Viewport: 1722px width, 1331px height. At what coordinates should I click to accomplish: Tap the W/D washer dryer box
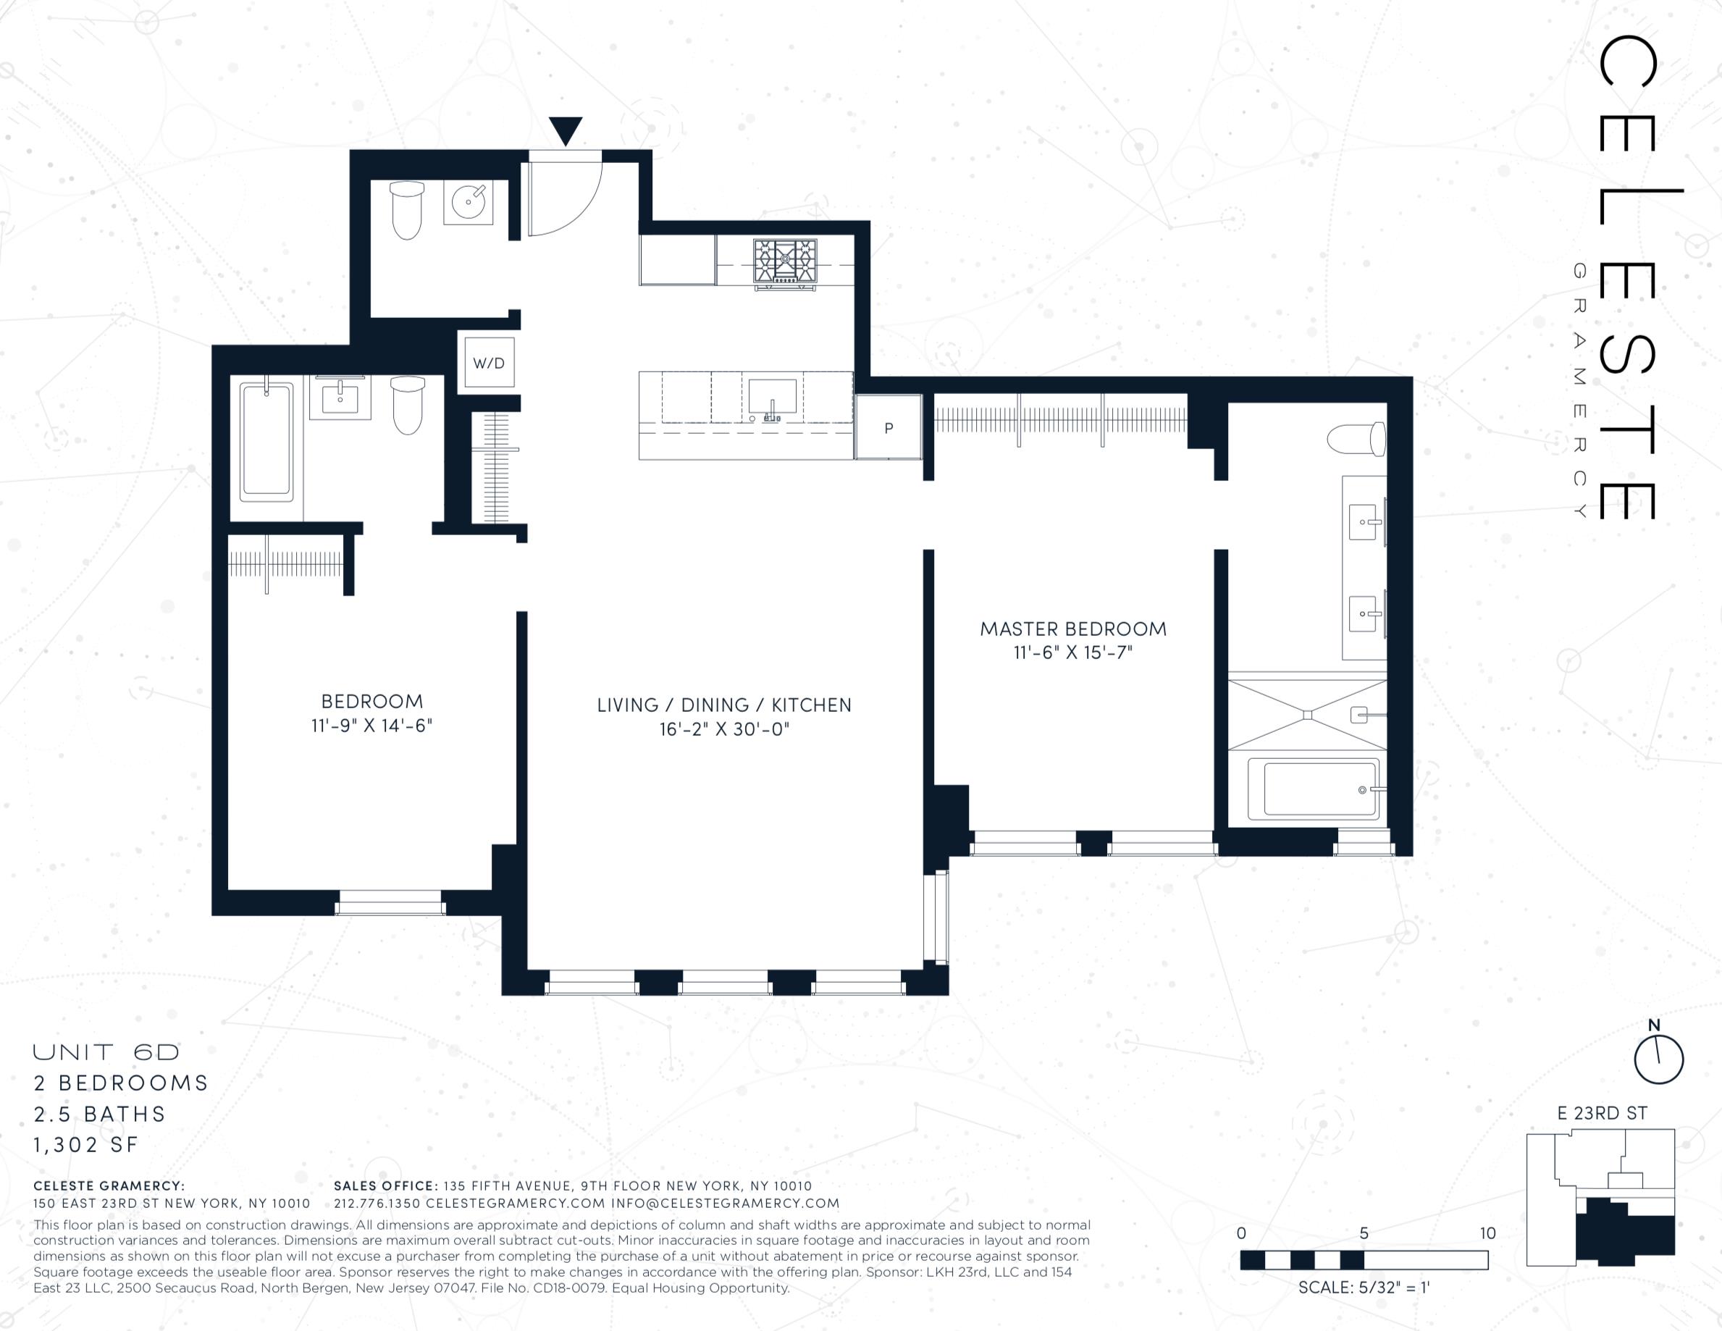point(489,363)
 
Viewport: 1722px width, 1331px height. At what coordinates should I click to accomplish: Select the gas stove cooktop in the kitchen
point(784,262)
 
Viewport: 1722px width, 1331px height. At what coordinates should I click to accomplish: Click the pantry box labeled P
point(889,427)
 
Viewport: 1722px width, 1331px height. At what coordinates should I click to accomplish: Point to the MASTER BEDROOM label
point(1073,629)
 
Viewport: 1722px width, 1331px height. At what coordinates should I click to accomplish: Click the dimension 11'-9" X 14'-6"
point(372,726)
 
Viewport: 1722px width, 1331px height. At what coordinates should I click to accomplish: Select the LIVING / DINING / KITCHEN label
point(724,705)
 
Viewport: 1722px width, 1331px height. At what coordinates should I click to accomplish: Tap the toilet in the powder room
point(407,211)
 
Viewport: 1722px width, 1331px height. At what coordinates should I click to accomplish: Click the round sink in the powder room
point(469,203)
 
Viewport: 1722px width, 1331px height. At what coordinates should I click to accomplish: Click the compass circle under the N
point(1660,1059)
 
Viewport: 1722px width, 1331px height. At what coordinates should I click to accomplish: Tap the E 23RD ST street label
point(1602,1113)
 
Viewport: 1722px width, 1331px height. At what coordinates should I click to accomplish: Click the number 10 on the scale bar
point(1487,1233)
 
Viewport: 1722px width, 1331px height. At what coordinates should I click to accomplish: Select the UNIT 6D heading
point(106,1052)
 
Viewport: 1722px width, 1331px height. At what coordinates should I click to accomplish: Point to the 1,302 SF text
point(86,1145)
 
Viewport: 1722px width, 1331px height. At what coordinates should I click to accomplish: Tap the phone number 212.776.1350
point(377,1204)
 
